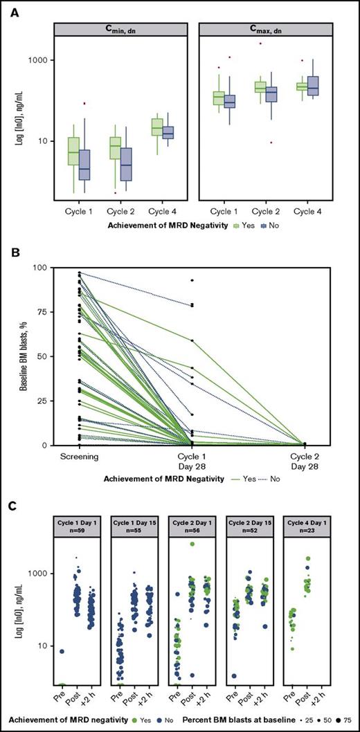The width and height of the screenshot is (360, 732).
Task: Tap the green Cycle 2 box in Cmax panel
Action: point(260,86)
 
